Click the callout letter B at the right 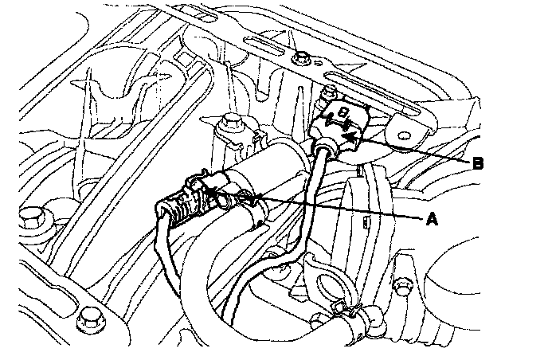tap(477, 163)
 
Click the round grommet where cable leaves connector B tap(326, 148)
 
